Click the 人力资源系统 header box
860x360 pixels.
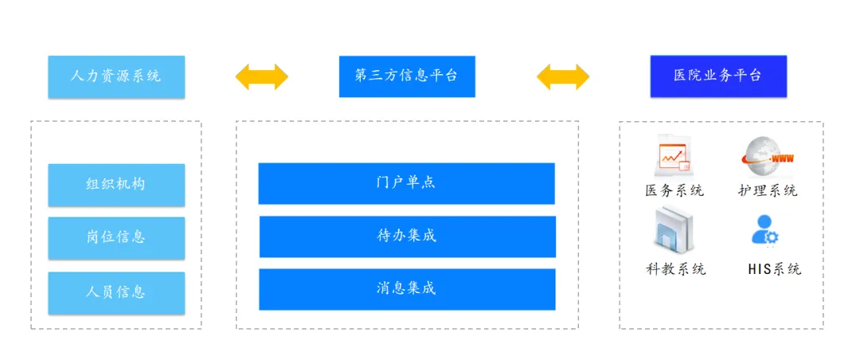coord(116,76)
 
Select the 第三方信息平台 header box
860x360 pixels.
coord(407,76)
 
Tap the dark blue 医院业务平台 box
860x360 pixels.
coord(717,76)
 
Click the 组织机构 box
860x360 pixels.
coord(116,184)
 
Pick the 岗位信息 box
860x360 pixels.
coord(116,237)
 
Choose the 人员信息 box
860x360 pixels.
coord(116,292)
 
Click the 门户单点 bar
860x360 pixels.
coord(406,183)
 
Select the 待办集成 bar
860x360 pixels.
coord(407,237)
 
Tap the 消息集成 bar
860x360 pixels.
coord(407,289)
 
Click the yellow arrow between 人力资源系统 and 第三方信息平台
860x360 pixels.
coord(261,76)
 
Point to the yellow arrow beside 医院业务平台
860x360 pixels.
coord(563,76)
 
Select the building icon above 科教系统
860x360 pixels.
coord(674,229)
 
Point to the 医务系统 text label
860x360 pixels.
coord(674,190)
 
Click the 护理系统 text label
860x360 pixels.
coord(768,190)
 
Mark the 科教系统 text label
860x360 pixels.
coord(675,268)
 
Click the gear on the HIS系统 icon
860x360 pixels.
coord(772,237)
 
